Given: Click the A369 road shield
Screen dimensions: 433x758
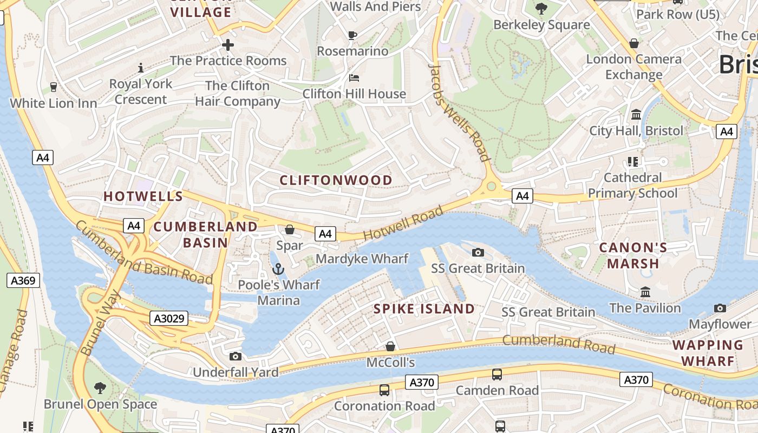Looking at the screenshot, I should click(x=23, y=280).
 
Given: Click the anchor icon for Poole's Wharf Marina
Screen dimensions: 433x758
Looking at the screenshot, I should click(x=278, y=268).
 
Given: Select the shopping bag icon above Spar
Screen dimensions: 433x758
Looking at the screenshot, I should click(x=290, y=229).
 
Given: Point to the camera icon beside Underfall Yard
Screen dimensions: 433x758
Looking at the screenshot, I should click(x=236, y=356).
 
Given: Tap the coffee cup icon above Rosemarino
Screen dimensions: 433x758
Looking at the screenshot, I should click(x=352, y=36).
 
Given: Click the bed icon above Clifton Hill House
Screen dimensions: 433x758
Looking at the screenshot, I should click(x=354, y=78).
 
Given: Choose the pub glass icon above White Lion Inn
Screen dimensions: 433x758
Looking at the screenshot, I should click(x=53, y=87).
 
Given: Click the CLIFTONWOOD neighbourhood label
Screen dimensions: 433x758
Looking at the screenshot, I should click(x=336, y=180).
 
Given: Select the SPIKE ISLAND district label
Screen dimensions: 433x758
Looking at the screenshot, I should click(x=424, y=309).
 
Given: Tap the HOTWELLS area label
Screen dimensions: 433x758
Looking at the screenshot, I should click(x=143, y=196).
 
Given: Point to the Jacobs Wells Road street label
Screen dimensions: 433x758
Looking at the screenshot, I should click(x=459, y=113).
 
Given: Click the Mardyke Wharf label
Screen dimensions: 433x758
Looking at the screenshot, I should click(x=362, y=259).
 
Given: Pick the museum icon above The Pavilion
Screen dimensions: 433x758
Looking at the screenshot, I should click(x=645, y=292).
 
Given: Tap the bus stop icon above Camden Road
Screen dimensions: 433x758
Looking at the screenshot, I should click(x=496, y=375).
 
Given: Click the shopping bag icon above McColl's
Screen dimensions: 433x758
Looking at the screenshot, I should click(x=390, y=346).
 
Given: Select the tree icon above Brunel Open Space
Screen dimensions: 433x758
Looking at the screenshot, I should click(x=100, y=388).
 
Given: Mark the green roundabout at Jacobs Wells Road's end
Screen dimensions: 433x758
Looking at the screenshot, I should click(x=491, y=187).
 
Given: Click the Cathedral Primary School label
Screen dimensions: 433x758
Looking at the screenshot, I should click(x=632, y=185).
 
